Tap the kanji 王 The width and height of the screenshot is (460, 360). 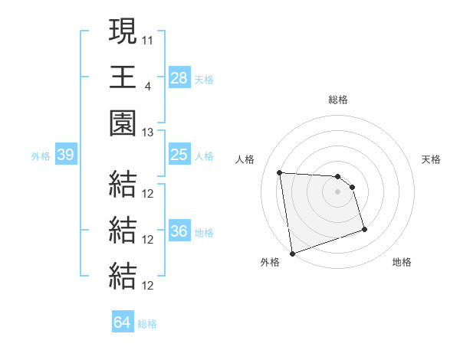[x=123, y=77]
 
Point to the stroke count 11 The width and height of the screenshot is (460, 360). [x=148, y=39]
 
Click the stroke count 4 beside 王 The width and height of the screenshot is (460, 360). [x=146, y=86]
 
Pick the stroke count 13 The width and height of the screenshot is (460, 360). [x=148, y=132]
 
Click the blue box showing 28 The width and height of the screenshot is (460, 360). [x=179, y=78]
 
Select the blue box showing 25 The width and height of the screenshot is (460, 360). [x=179, y=155]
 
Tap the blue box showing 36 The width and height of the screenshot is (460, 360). [x=179, y=231]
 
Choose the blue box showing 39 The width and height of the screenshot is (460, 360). [x=65, y=155]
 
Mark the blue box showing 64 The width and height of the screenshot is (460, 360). [x=122, y=322]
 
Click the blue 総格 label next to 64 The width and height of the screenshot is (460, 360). [x=147, y=324]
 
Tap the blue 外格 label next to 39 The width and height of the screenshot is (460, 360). [x=41, y=156]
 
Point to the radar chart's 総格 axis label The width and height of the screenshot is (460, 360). [x=338, y=100]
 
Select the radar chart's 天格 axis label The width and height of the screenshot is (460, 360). [x=432, y=159]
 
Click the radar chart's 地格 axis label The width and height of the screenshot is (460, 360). [x=402, y=262]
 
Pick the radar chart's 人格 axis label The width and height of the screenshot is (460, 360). [x=245, y=159]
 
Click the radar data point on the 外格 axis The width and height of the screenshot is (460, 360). [x=292, y=253]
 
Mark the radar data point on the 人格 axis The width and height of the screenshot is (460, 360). [x=280, y=172]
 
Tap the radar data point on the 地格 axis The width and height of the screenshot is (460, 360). [x=364, y=229]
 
